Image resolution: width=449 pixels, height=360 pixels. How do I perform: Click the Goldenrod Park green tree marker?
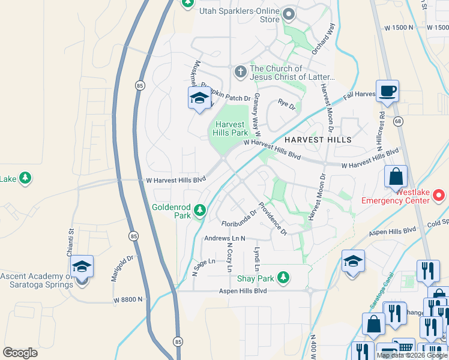coord(200,211)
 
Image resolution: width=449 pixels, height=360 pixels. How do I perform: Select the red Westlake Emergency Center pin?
coord(439,195)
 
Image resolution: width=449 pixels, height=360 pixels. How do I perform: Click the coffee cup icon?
coord(387,91)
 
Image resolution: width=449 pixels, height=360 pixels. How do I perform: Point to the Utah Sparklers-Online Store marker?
coord(290,14)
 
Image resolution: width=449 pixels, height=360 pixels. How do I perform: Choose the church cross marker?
coord(240,72)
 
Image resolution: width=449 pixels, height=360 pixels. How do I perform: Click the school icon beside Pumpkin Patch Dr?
coord(199,98)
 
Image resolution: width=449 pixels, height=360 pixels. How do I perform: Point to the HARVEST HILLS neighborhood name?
coord(318,139)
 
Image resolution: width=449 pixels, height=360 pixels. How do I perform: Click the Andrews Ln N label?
coord(226,238)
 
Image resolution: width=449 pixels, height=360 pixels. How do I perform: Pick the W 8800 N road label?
coord(128,298)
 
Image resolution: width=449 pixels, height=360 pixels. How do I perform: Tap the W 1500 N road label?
coord(399,27)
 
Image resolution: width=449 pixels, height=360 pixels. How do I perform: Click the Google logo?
coord(20,353)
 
